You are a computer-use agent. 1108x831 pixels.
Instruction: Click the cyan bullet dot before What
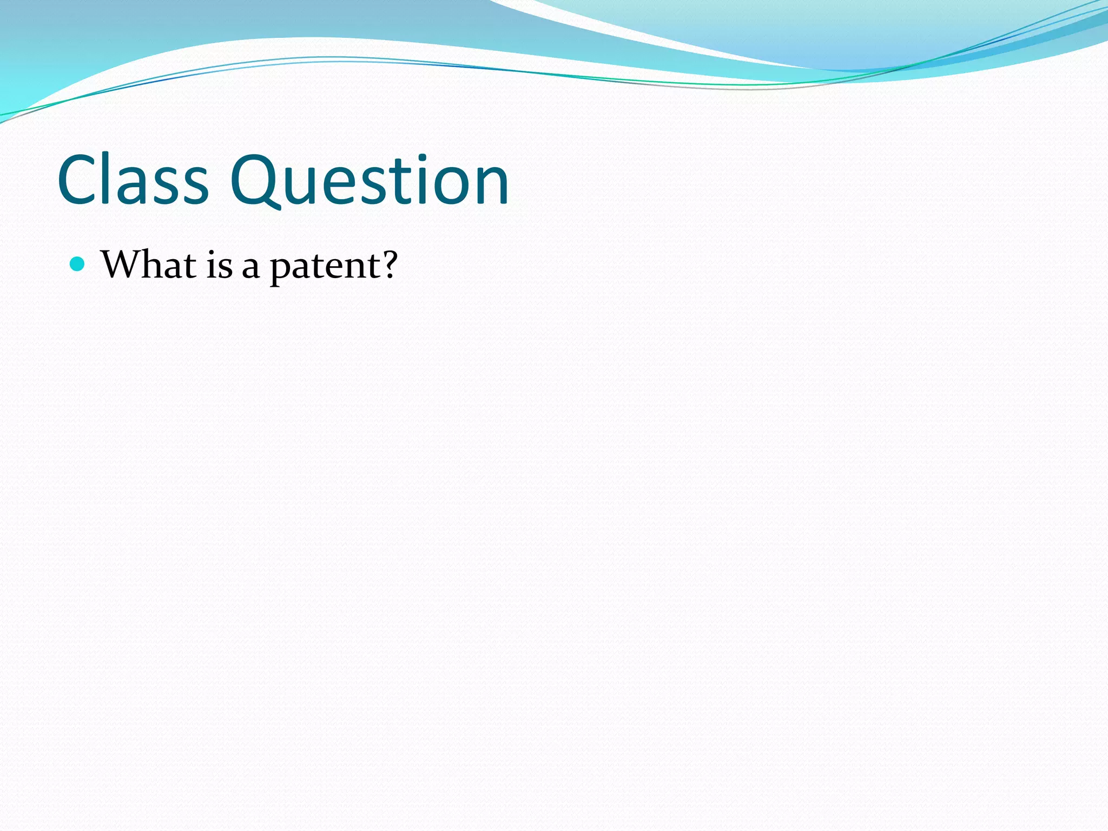point(78,264)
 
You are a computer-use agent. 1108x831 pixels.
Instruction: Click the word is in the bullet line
point(219,266)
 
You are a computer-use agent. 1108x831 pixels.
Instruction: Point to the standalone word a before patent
point(250,268)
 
